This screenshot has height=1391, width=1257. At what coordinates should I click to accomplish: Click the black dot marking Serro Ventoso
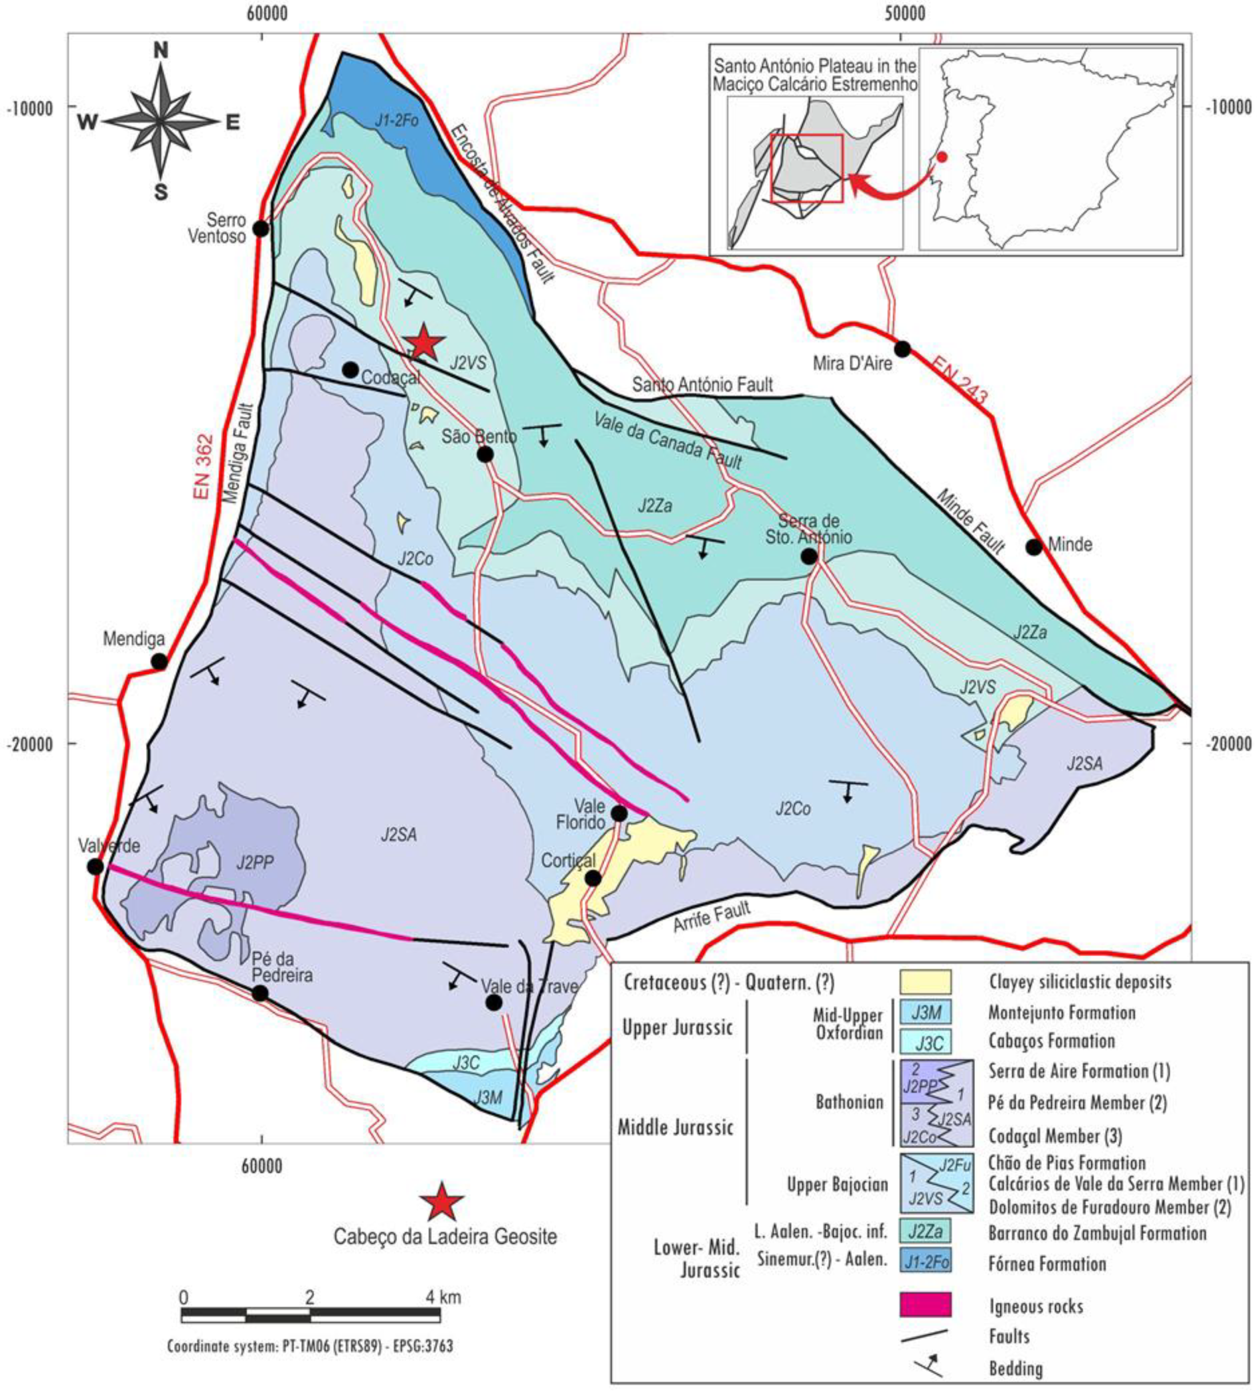tap(261, 229)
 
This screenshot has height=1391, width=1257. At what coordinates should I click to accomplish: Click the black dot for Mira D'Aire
tap(902, 349)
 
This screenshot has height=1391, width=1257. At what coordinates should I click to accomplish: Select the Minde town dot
tap(1033, 547)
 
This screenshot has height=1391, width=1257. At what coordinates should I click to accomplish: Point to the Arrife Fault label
tap(711, 917)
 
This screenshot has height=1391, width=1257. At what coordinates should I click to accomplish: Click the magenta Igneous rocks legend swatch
tap(925, 1304)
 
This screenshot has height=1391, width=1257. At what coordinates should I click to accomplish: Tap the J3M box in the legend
tap(925, 1012)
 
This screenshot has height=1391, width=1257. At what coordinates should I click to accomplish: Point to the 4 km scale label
tap(442, 1297)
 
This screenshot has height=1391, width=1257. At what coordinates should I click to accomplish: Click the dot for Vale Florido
tap(619, 813)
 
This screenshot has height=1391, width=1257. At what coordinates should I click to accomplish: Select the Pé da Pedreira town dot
tap(260, 994)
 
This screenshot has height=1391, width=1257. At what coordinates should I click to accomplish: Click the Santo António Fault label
tap(702, 385)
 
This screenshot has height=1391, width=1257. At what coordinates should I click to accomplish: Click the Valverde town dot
tap(95, 867)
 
